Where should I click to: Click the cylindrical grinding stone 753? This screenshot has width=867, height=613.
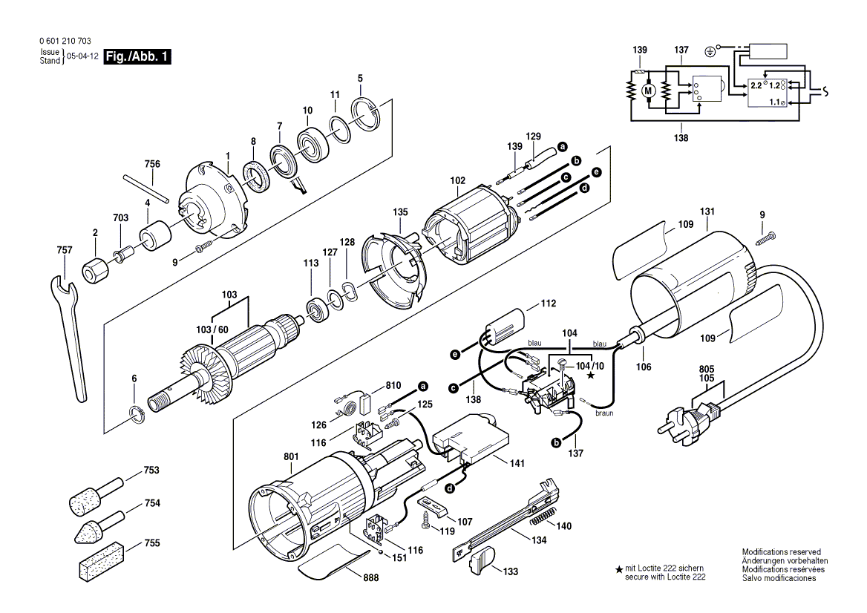pyautogui.click(x=89, y=498)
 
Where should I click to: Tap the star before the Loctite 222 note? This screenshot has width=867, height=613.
pyautogui.click(x=618, y=569)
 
